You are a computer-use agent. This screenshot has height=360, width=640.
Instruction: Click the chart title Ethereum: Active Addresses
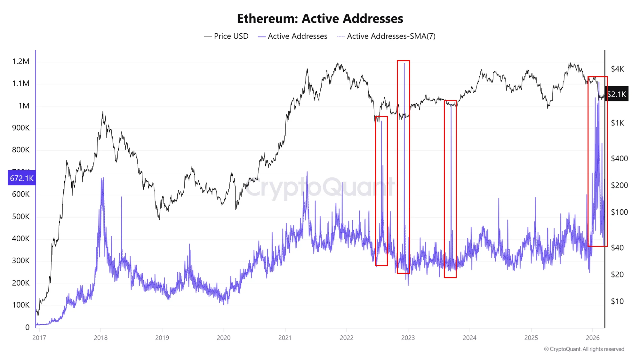(320, 19)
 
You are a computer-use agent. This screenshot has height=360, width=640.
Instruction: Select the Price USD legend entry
(226, 36)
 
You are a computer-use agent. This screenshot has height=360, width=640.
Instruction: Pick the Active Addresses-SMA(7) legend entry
(386, 36)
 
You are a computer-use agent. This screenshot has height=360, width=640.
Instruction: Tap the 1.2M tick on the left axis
(21, 61)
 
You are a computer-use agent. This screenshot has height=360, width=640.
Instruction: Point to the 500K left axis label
(21, 217)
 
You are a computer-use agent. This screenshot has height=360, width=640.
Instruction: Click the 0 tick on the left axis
(28, 327)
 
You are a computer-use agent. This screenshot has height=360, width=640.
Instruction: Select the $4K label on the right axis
(617, 69)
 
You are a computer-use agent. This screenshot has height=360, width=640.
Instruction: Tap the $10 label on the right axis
(617, 301)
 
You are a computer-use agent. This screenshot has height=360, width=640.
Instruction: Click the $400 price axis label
(619, 158)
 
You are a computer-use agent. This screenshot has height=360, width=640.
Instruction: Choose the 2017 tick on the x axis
(39, 338)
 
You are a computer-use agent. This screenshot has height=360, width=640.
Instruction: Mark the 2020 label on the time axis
(223, 338)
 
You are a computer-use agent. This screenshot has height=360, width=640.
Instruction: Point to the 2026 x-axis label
(592, 338)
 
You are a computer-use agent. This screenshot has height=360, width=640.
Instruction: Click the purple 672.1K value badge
(21, 178)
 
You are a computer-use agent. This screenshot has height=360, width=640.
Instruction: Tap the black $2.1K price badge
(617, 94)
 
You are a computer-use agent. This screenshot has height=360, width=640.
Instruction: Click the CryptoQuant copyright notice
(584, 349)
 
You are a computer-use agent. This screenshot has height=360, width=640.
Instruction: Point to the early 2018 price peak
(102, 112)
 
